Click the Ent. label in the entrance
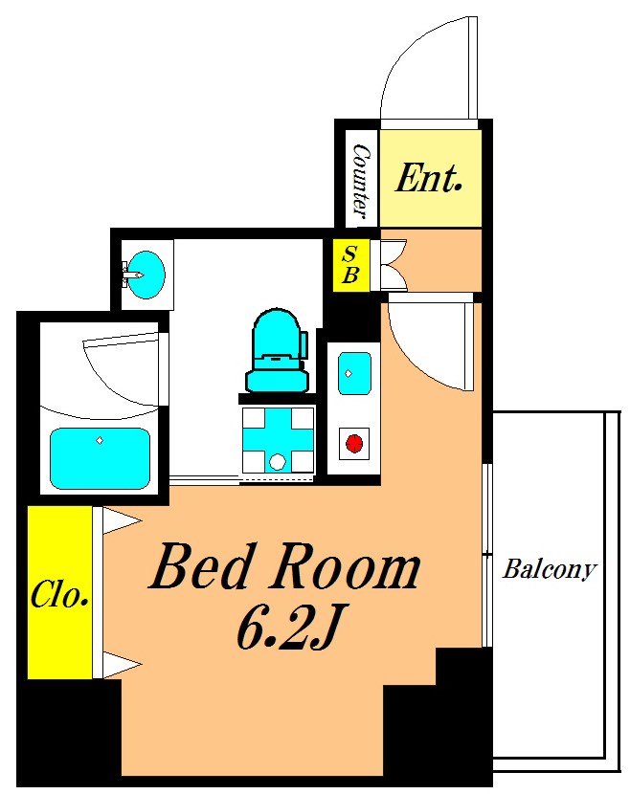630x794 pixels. [428, 178]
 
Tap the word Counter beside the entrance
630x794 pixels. [361, 181]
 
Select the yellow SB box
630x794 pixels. [350, 265]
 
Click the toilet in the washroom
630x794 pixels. [278, 350]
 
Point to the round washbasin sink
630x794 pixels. [146, 275]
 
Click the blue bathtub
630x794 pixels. [100, 459]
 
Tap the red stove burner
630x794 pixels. [354, 444]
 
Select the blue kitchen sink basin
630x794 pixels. [354, 374]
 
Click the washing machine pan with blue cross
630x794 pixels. [278, 439]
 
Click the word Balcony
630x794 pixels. [550, 569]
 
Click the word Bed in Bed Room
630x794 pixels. [200, 565]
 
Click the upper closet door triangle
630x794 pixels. [122, 521]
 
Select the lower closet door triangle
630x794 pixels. [122, 664]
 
